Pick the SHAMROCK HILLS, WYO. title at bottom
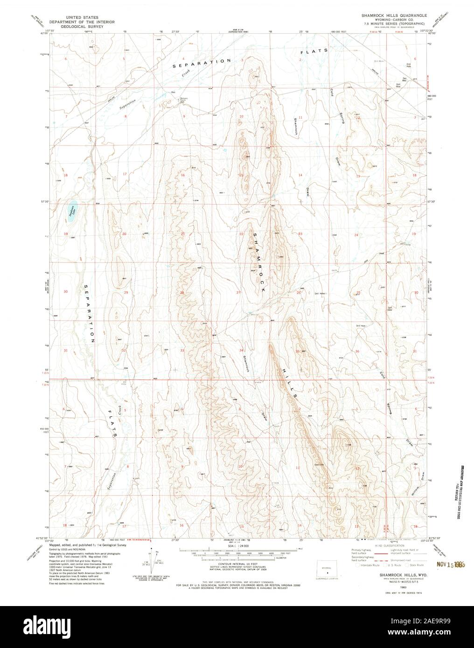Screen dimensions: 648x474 [384, 576]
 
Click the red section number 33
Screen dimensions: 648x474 [182, 350]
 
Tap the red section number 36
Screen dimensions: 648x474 [357, 351]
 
